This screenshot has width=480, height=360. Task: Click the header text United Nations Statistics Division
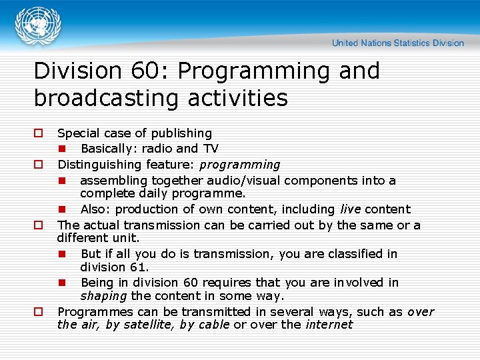pyautogui.click(x=397, y=43)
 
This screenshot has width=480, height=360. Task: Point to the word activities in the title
pyautogui.click(x=239, y=99)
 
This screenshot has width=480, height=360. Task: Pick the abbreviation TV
pyautogui.click(x=210, y=149)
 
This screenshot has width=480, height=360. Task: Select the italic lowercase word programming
pyautogui.click(x=240, y=165)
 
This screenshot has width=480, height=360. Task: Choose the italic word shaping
pyautogui.click(x=103, y=296)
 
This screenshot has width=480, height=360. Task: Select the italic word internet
pyautogui.click(x=329, y=325)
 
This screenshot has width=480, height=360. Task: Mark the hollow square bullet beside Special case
pyautogui.click(x=38, y=133)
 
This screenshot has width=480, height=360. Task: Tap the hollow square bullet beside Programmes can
pyautogui.click(x=38, y=312)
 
